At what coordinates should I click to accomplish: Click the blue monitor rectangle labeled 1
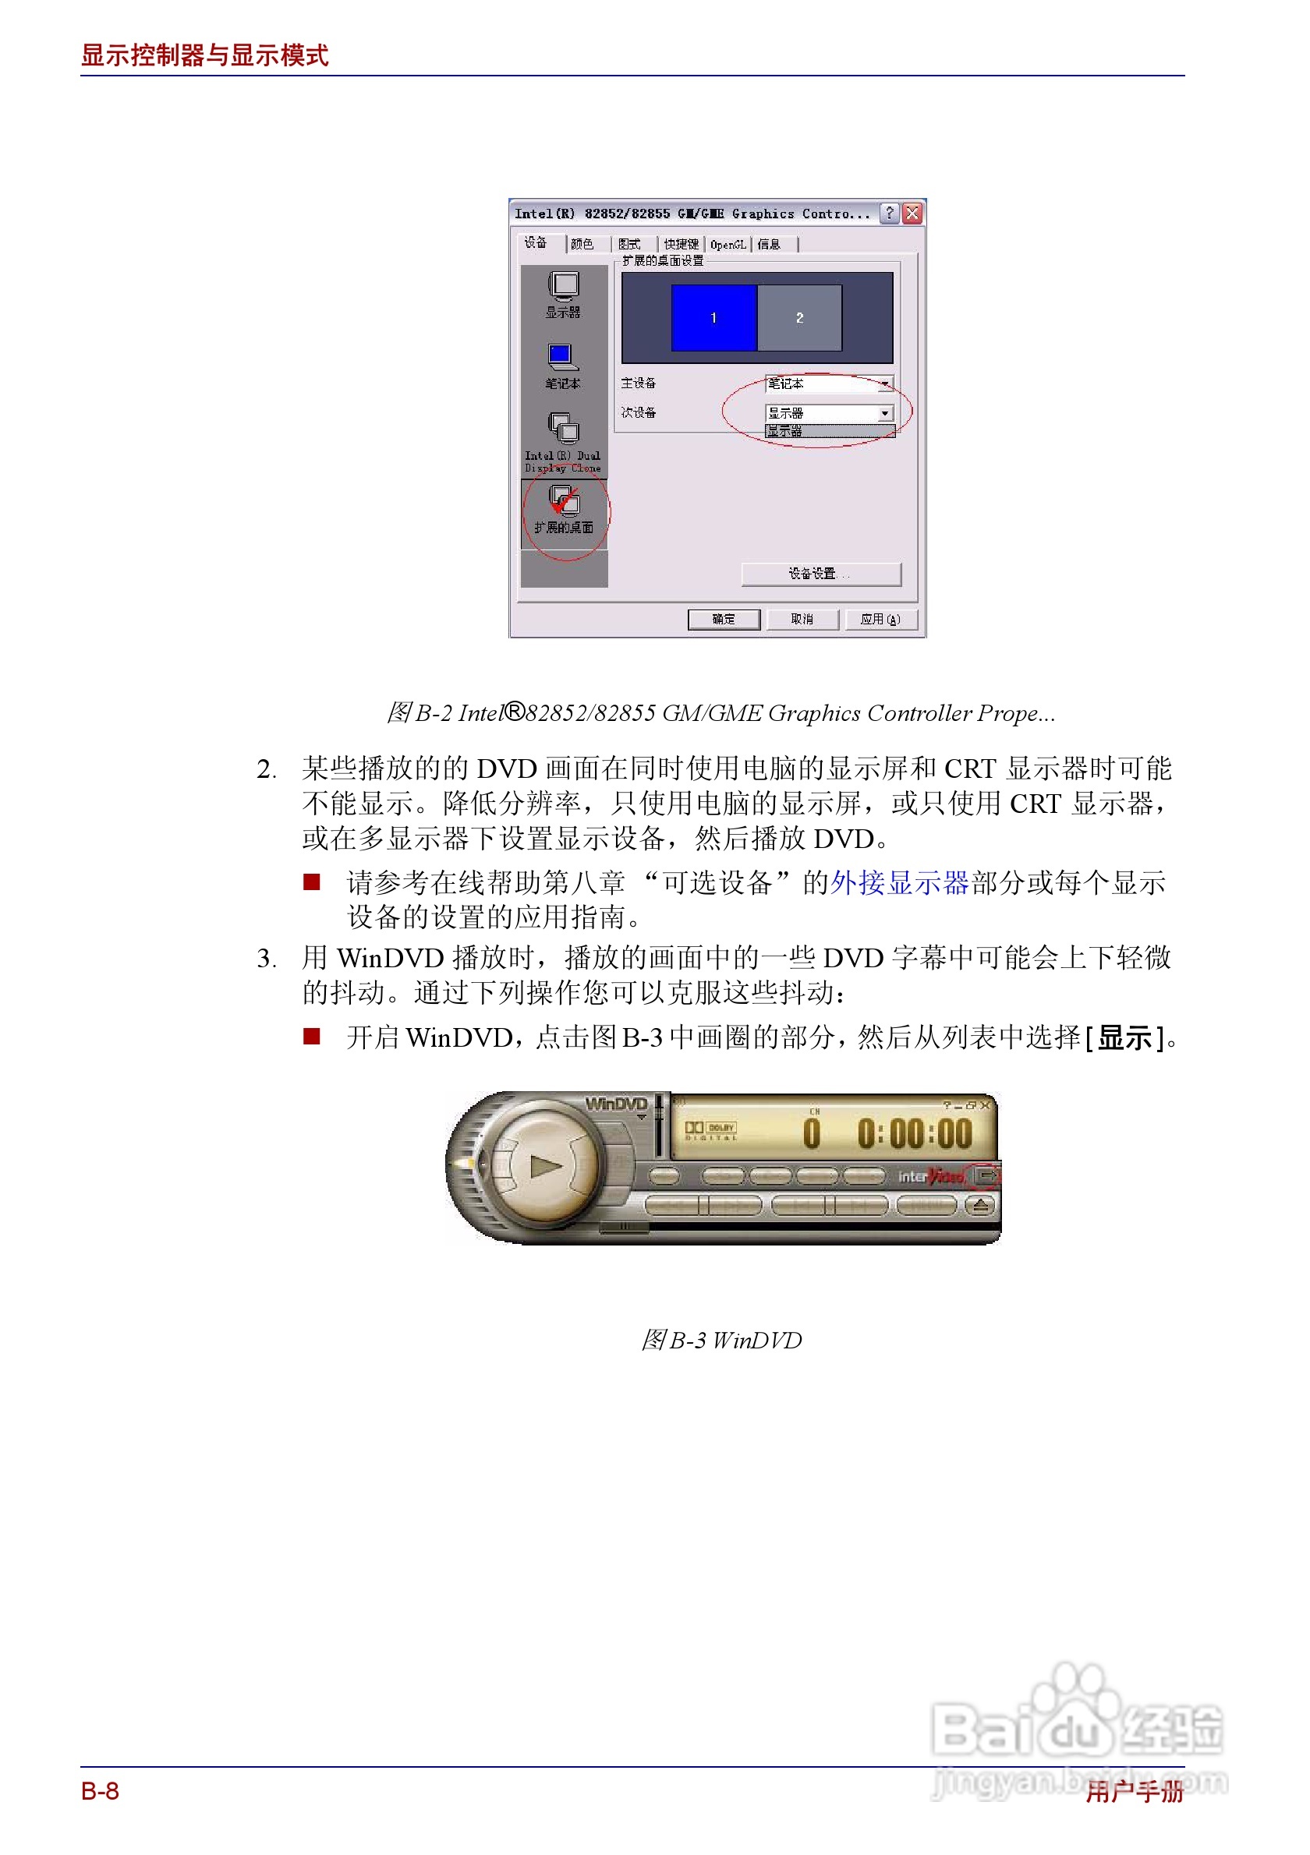(713, 317)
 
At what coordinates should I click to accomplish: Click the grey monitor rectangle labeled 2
(799, 317)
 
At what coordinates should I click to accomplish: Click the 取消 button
(802, 619)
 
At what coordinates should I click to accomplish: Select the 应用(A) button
(880, 619)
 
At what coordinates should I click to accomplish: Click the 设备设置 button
(820, 573)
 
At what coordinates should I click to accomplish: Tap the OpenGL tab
(728, 244)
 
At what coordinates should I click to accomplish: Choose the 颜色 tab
(582, 244)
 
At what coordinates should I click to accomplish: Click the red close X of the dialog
(912, 214)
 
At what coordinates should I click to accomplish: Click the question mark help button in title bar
(889, 214)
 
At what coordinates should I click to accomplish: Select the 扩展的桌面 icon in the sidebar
(563, 509)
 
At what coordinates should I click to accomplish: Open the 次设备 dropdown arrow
(885, 413)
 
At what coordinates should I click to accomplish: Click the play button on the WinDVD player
(545, 1165)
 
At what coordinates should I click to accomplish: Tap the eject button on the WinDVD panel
(980, 1207)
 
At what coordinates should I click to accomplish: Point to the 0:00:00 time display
(915, 1133)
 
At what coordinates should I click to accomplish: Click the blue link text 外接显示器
(900, 882)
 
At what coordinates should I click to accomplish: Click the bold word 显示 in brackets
(1124, 1037)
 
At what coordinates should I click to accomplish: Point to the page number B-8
(101, 1791)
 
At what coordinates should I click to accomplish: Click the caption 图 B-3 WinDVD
(720, 1341)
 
